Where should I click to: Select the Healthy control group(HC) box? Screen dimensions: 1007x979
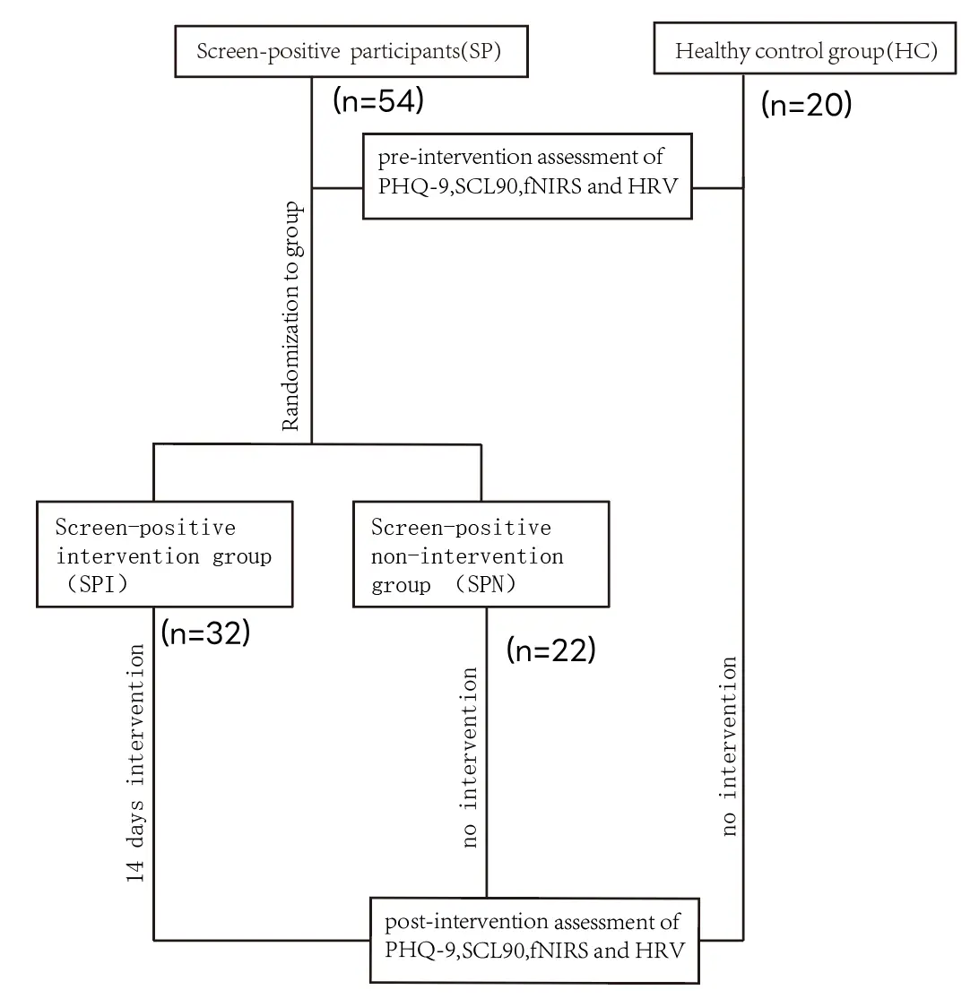(x=806, y=51)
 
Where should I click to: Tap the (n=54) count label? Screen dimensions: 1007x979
(x=377, y=101)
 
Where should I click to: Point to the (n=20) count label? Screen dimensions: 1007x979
(x=806, y=106)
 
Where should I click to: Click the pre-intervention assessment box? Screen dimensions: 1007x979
(x=527, y=176)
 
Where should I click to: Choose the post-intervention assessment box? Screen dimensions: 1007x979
(x=534, y=937)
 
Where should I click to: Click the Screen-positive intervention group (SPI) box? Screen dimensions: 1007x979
(x=164, y=555)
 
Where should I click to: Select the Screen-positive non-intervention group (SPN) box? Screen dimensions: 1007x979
(x=481, y=555)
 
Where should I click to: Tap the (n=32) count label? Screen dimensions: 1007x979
(x=205, y=633)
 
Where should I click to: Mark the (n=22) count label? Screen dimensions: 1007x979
(x=551, y=650)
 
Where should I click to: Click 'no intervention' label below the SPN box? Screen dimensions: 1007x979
(x=469, y=757)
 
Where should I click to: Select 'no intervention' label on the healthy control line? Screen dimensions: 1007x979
(x=728, y=746)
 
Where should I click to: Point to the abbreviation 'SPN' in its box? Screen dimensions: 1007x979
(x=486, y=586)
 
